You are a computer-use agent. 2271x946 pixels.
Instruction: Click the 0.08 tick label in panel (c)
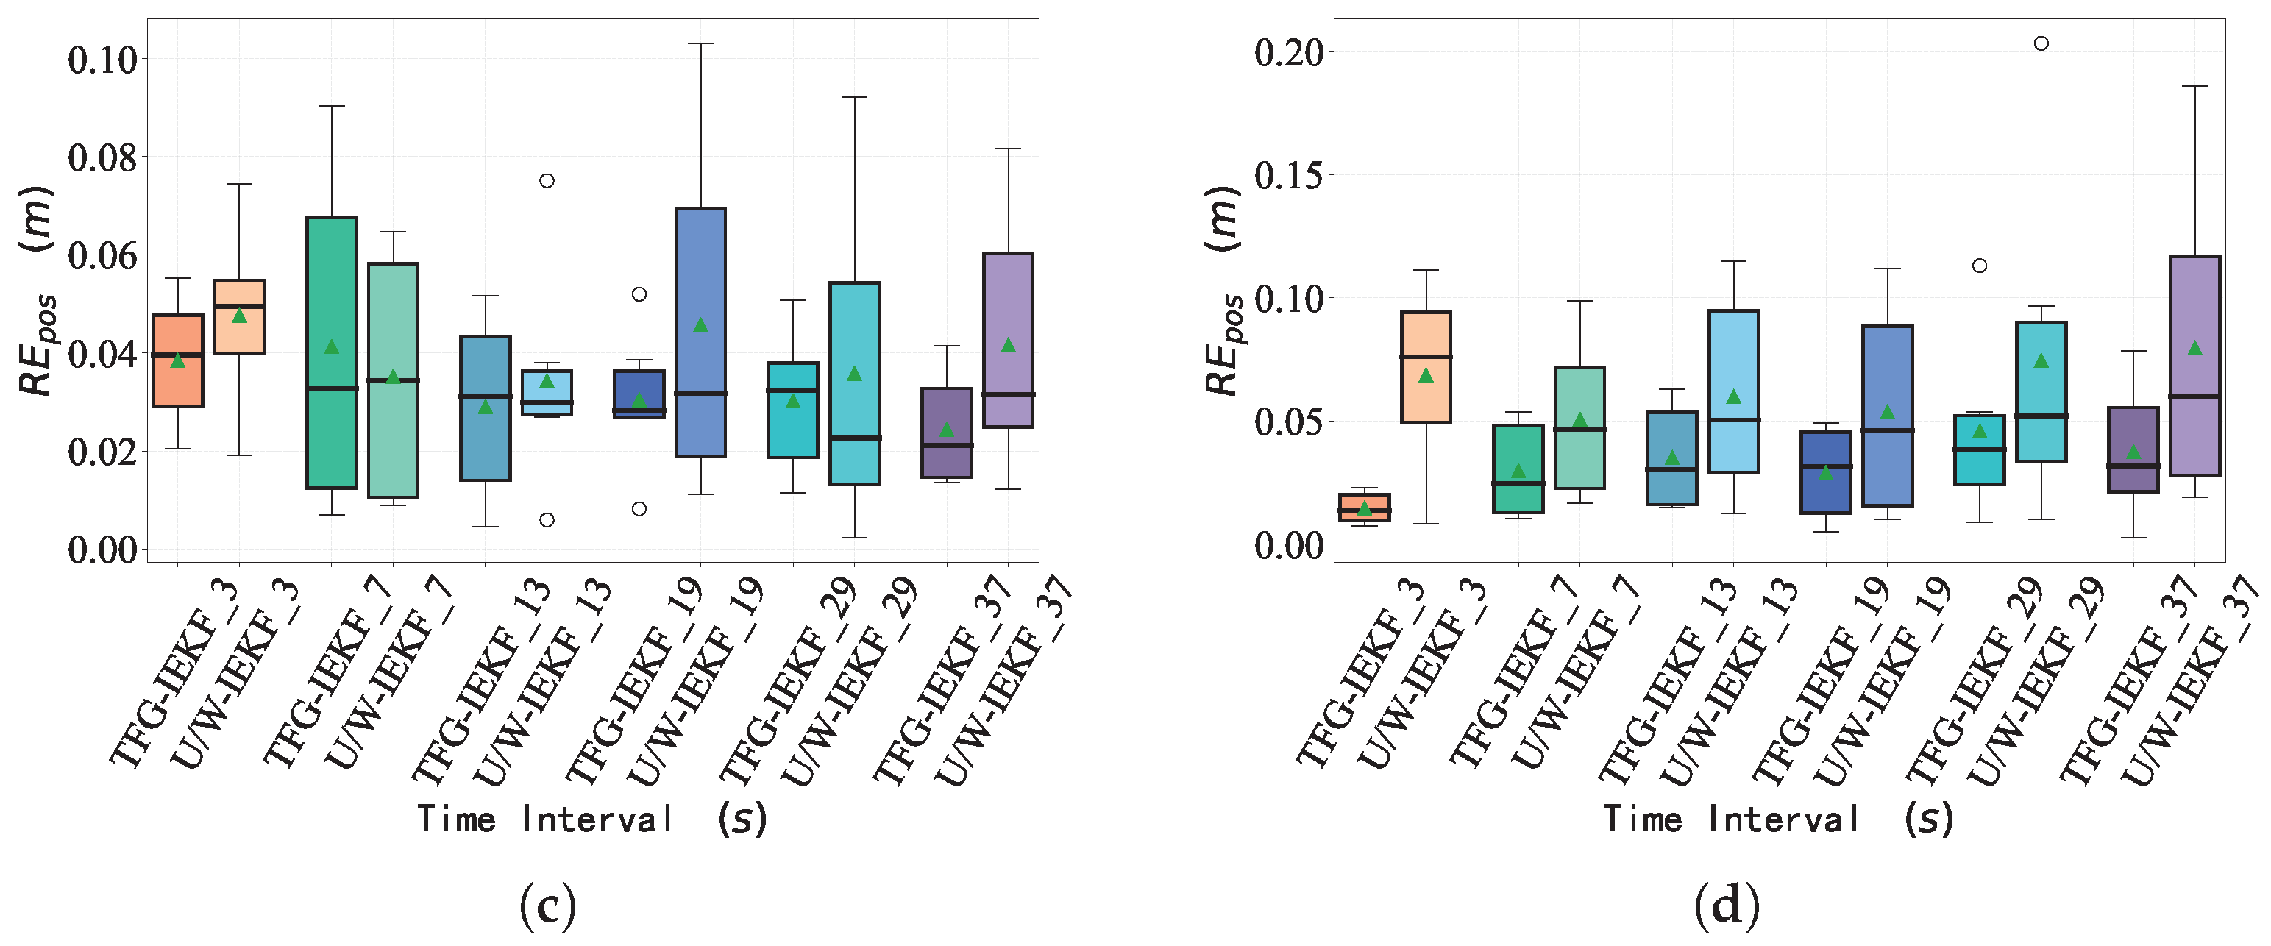point(102,159)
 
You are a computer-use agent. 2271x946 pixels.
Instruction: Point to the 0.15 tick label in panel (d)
point(1289,177)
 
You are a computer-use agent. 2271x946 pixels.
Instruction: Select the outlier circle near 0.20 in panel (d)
point(2041,43)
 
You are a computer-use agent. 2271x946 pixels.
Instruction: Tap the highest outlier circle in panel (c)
point(547,181)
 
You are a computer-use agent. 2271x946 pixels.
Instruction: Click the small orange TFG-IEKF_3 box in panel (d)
point(1365,507)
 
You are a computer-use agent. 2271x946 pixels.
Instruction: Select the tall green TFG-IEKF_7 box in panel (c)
point(332,352)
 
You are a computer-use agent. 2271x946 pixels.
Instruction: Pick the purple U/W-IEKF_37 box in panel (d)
point(2195,366)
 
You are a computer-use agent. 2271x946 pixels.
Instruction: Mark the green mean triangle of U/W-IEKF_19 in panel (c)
point(701,325)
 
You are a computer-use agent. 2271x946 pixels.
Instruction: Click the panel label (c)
point(547,906)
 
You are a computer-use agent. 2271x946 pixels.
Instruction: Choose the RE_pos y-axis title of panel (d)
point(1223,291)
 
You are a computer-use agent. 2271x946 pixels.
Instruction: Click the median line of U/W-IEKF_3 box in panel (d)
point(1426,357)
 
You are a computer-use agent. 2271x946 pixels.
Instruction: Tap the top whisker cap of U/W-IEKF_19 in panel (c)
point(701,43)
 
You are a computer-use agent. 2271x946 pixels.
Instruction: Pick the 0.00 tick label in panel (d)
point(1289,546)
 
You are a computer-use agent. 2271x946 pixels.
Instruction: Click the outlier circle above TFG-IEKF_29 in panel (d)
point(1979,266)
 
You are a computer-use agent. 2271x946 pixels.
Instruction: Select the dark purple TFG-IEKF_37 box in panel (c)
point(947,433)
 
